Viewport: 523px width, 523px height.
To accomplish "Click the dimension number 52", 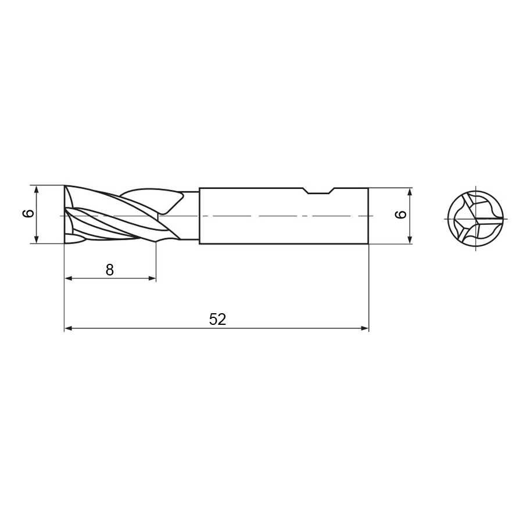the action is coord(217,319).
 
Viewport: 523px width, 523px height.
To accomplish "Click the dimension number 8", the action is coord(110,270).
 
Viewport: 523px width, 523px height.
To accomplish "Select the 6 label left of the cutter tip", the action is coord(28,213).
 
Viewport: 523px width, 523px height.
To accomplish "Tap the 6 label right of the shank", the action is coord(401,214).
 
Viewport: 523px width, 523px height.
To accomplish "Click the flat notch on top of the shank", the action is coord(318,192).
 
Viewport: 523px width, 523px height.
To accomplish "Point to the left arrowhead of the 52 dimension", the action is coord(69,328).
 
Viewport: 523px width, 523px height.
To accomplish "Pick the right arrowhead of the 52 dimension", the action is coord(364,328).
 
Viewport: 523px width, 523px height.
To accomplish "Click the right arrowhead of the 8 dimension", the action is coord(152,278).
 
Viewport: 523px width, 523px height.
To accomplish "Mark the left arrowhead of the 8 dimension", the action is coord(69,278).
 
